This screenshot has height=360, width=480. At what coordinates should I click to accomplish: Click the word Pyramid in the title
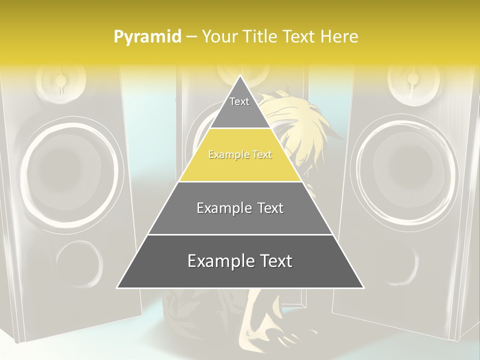pyautogui.click(x=147, y=37)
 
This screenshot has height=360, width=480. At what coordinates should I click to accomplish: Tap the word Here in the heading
pyautogui.click(x=339, y=36)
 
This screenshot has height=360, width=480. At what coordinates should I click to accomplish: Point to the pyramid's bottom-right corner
pyautogui.click(x=362, y=287)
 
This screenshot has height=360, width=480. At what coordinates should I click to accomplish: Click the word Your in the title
pyautogui.click(x=220, y=36)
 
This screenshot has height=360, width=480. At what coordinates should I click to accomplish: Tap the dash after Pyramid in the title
pyautogui.click(x=191, y=37)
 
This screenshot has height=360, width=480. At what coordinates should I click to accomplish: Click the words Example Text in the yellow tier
pyautogui.click(x=240, y=155)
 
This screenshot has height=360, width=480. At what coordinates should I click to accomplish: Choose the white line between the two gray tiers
pyautogui.click(x=240, y=234)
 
